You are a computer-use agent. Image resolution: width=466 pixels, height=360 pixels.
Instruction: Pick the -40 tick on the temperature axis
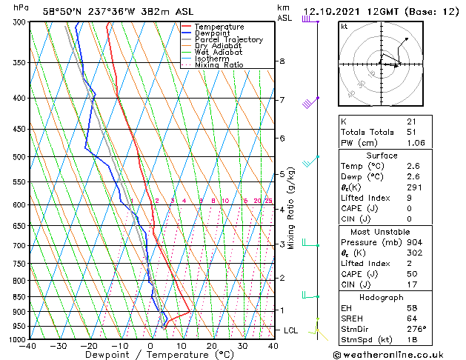(29, 346)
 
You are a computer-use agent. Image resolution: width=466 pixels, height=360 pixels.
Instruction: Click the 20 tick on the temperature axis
(212, 346)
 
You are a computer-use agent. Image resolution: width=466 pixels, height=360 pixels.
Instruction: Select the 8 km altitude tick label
(282, 61)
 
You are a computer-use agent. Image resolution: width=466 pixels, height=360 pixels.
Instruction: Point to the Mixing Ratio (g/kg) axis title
(292, 208)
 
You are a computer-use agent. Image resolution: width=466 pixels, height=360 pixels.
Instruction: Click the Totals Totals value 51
(411, 132)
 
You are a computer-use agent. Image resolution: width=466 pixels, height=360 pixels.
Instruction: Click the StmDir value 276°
(416, 329)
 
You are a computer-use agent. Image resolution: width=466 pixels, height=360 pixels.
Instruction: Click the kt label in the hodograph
(344, 26)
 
